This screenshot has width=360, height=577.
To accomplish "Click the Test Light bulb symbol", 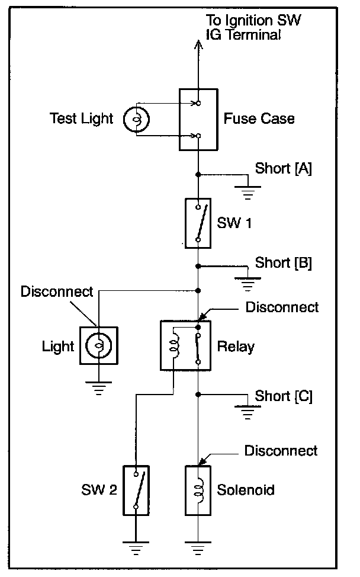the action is (136, 119).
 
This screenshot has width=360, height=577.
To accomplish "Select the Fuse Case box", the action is (198, 120).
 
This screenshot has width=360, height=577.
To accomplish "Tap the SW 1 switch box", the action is (198, 223).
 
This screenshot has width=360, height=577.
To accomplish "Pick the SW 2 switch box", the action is (136, 490).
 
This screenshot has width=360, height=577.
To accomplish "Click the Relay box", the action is (186, 345).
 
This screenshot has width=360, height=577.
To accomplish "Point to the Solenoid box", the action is (198, 490).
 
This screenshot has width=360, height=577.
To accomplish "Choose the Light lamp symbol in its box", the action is (99, 345).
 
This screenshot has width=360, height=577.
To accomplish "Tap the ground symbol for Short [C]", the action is (248, 412).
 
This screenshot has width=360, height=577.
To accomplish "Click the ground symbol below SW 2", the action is (136, 549).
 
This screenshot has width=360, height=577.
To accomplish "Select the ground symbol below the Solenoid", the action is (198, 549).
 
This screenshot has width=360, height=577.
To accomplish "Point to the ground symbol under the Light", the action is (98, 389).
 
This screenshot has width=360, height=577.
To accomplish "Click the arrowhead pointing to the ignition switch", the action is (198, 44).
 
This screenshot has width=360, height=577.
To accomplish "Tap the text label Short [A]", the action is (284, 168).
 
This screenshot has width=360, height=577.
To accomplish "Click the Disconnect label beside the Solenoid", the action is (281, 451).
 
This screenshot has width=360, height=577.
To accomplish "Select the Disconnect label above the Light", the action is (57, 291).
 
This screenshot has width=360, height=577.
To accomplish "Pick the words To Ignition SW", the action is (253, 20).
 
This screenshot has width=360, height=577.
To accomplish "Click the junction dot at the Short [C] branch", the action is (198, 395).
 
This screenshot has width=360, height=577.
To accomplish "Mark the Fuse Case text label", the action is (259, 118).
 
